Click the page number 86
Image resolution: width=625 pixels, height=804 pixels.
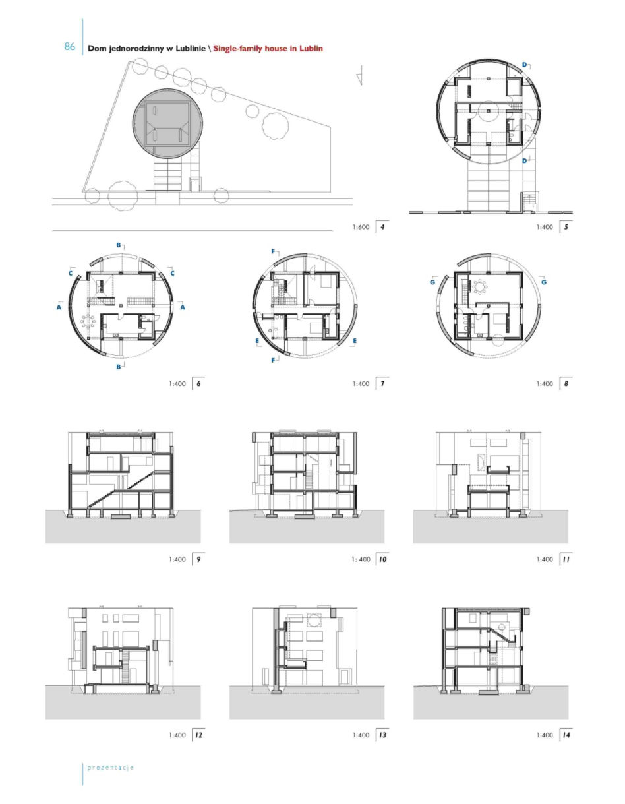click(x=69, y=47)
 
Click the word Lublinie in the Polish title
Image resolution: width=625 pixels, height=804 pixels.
click(x=189, y=48)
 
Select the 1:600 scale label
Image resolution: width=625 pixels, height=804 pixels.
click(x=361, y=227)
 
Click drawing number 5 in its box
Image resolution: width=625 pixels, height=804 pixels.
click(x=566, y=227)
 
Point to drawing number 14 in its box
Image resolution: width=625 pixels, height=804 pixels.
click(x=566, y=735)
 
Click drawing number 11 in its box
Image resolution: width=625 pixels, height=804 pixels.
click(x=566, y=559)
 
